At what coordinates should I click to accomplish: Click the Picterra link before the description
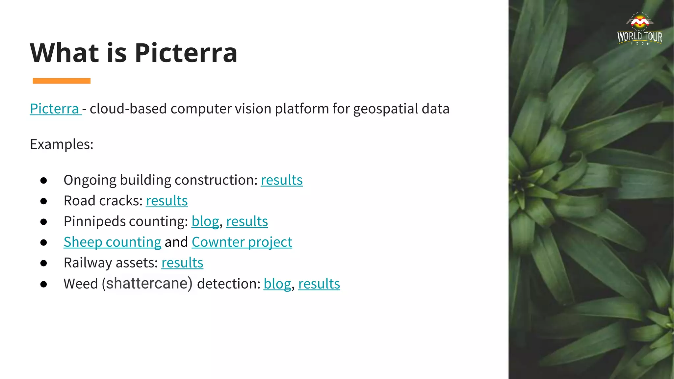(x=54, y=109)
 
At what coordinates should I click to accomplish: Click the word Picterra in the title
(x=186, y=53)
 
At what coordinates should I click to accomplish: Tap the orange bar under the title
(x=62, y=81)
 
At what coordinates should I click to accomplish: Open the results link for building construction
(x=281, y=180)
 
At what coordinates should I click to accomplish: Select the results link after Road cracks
(x=167, y=201)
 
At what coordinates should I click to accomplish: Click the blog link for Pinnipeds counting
(x=205, y=222)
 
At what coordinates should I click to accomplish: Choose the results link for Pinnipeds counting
(x=247, y=222)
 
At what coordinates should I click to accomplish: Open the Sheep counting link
(x=112, y=242)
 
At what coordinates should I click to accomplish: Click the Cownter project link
(x=242, y=242)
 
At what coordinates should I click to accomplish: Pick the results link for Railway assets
(x=182, y=263)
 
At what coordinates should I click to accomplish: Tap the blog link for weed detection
(x=277, y=284)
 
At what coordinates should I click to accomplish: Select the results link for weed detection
(x=319, y=284)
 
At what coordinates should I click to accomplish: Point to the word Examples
(x=62, y=144)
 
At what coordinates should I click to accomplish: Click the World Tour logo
(x=639, y=29)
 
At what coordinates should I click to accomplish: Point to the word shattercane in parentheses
(x=147, y=284)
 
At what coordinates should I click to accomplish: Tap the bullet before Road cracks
(x=43, y=201)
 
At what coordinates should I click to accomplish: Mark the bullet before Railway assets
(x=43, y=263)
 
